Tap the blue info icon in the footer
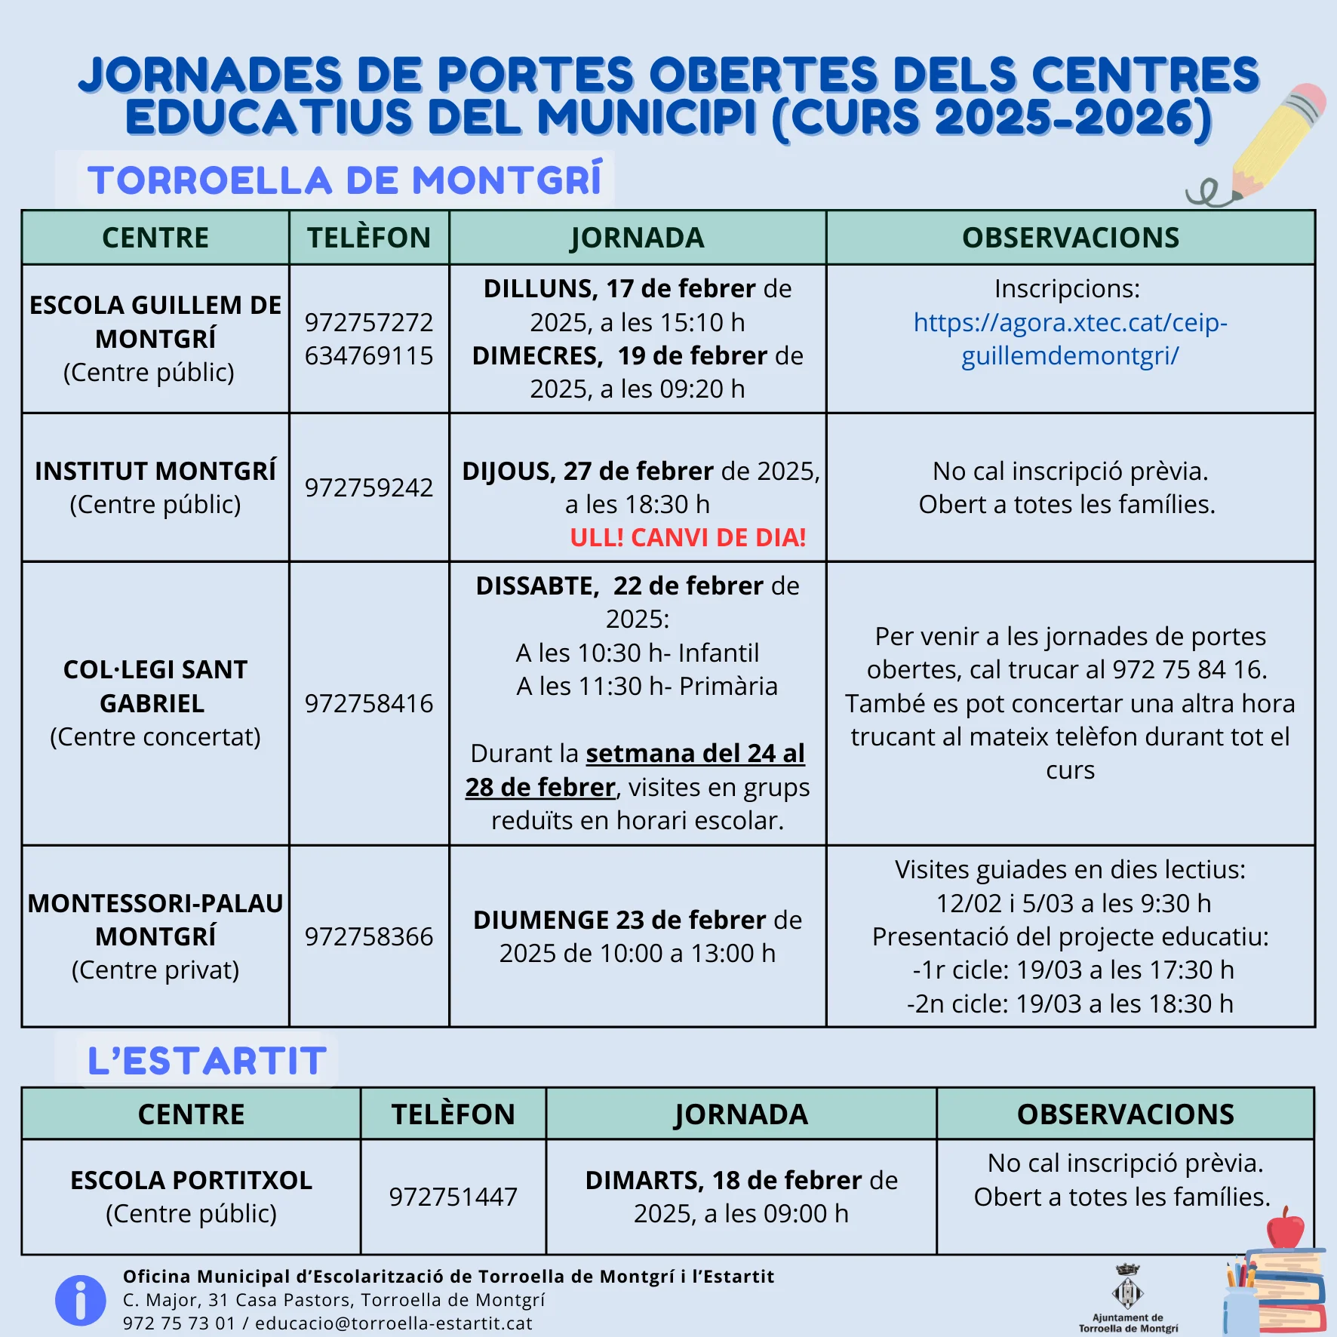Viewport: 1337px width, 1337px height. (80, 1300)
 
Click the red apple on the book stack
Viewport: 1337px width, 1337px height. (1285, 1228)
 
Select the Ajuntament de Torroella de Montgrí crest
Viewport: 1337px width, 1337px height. (1128, 1292)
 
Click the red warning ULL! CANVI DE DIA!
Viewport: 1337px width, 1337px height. (687, 537)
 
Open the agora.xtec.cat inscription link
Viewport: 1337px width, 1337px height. (1070, 339)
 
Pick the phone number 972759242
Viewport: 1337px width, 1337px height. (369, 487)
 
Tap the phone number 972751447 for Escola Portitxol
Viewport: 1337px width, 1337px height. (453, 1197)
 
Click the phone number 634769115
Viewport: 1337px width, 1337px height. (369, 355)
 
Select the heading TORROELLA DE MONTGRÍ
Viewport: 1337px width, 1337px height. (345, 181)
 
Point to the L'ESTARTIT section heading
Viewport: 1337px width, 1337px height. (207, 1061)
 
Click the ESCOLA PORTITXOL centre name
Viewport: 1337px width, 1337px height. (191, 1180)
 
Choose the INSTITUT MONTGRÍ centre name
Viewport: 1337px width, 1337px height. (155, 471)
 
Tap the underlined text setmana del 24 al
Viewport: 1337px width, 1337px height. (695, 753)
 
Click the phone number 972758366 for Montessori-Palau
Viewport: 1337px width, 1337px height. (369, 936)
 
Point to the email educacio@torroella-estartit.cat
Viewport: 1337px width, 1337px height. (394, 1323)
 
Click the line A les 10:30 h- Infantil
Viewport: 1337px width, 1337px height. (637, 653)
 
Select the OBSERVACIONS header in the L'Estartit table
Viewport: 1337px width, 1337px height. (1125, 1114)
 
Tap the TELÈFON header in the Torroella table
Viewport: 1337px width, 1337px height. (369, 238)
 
